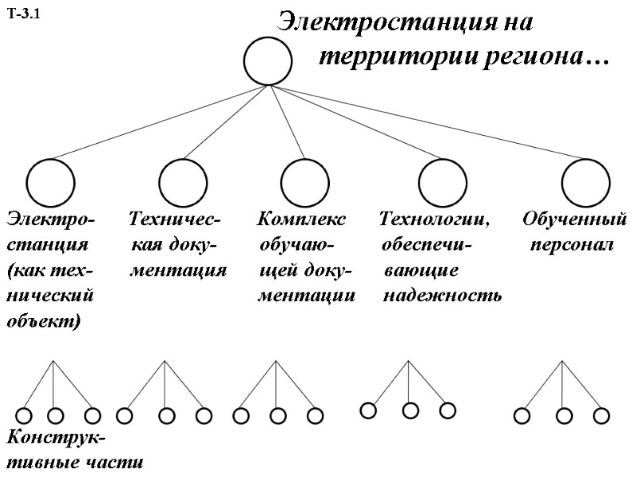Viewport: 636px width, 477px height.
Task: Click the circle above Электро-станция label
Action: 50,182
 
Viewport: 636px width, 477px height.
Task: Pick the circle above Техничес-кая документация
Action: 183,182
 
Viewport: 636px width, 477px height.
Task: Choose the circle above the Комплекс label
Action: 304,182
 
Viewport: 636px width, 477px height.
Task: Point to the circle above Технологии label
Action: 443,182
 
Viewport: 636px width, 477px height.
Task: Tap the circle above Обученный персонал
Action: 586,182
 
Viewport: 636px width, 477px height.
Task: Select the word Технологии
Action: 434,218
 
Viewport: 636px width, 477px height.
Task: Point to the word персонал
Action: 572,244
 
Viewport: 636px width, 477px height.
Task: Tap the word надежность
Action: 442,297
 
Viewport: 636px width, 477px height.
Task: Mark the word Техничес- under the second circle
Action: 175,218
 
